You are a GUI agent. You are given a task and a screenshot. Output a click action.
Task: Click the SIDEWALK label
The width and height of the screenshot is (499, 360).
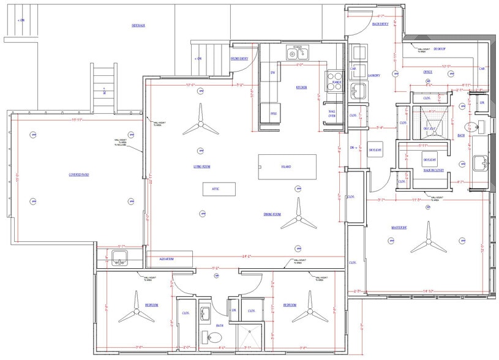pos(138,25)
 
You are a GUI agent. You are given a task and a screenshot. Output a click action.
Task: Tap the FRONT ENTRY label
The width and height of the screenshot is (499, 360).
pos(239,59)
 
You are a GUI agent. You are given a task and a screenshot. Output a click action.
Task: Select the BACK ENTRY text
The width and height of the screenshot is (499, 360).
pos(380,24)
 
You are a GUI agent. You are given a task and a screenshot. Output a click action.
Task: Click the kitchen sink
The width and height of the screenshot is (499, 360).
pos(296,54)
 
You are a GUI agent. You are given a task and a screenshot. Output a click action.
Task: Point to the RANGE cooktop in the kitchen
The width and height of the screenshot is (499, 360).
pos(336,83)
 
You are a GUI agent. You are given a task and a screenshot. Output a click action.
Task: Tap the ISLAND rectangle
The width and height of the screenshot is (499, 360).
pos(287,166)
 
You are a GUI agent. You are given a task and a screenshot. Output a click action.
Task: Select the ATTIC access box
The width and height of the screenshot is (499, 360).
pos(216,189)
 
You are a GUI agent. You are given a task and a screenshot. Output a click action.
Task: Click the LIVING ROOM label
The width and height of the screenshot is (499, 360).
pos(202,166)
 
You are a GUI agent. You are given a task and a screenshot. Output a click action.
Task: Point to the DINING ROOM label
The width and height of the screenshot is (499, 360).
pos(272,214)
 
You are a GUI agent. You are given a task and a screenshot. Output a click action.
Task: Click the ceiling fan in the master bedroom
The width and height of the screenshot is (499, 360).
pos(427,246)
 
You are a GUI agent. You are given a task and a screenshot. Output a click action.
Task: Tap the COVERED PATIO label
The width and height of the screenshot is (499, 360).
pos(79,174)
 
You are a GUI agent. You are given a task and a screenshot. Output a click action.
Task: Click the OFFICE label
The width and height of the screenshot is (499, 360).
pos(427,72)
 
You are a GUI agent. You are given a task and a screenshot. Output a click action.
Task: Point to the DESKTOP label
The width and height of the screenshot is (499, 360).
pos(439,48)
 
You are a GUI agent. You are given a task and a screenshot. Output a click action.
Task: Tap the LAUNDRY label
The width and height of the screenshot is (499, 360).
pos(373,75)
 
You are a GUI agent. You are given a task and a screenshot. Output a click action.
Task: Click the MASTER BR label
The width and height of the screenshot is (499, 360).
pos(399,227)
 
